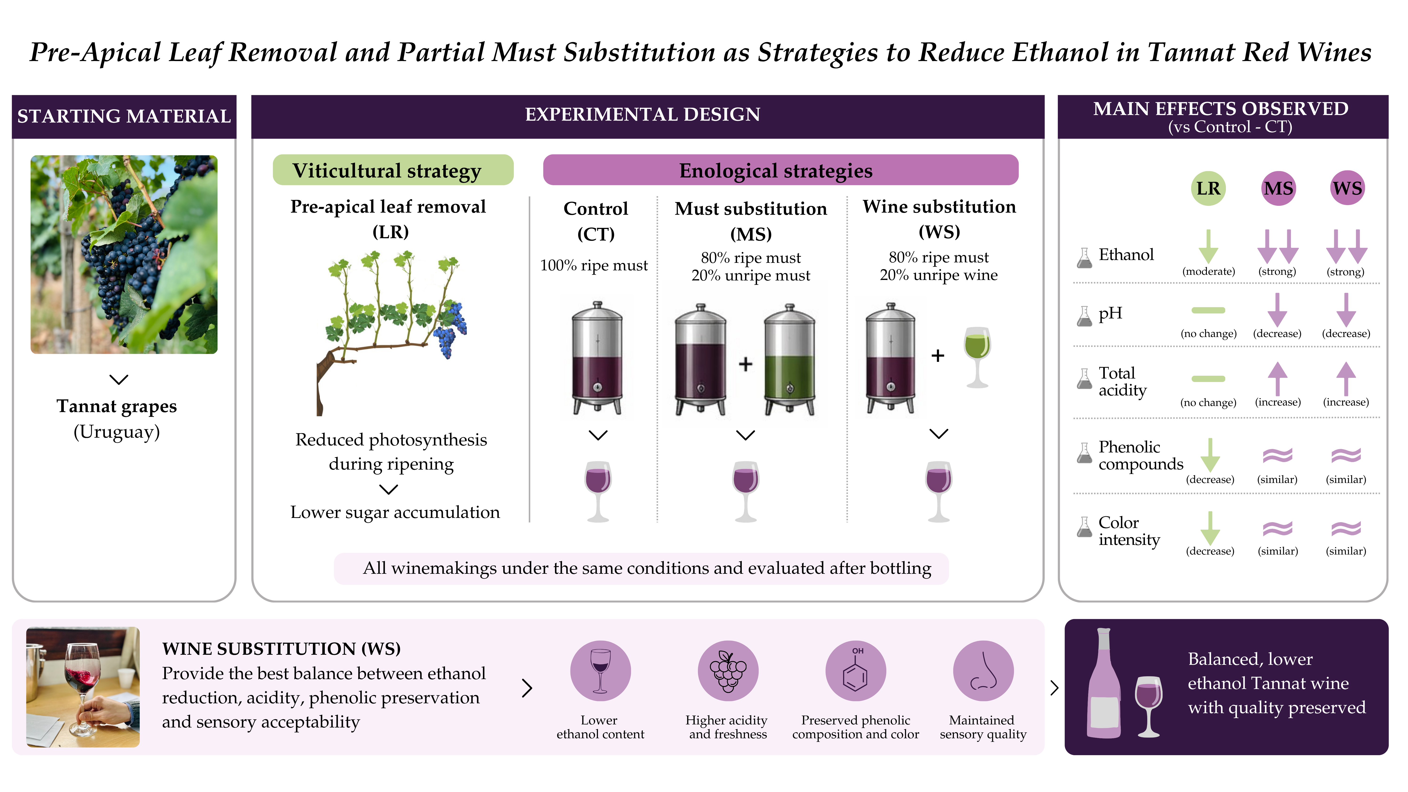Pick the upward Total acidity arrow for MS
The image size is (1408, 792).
click(1277, 378)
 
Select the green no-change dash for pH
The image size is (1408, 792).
click(1209, 310)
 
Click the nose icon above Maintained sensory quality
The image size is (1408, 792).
click(983, 671)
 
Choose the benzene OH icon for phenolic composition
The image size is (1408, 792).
click(855, 671)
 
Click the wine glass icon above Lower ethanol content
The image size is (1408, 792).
click(600, 671)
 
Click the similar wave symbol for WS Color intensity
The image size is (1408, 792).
click(1346, 528)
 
